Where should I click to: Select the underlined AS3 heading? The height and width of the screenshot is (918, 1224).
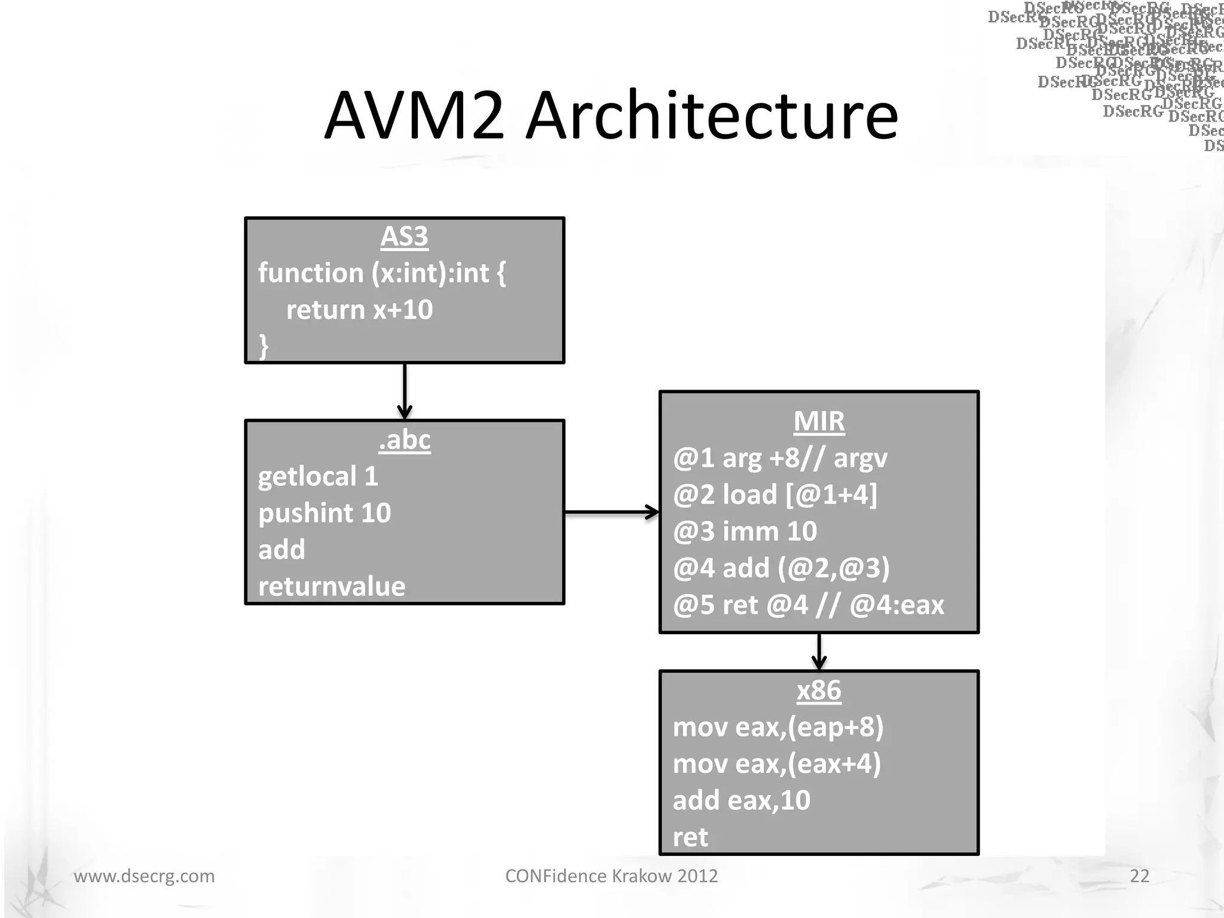tap(405, 237)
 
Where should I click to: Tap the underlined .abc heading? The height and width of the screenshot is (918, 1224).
tap(405, 440)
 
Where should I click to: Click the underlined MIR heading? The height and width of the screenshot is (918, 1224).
tap(819, 421)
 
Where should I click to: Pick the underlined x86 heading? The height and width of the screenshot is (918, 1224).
tap(819, 691)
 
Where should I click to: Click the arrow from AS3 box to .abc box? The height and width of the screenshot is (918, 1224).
tap(405, 391)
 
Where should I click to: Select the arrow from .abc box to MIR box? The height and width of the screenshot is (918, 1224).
tap(611, 512)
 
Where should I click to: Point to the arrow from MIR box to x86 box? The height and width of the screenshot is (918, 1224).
tap(819, 651)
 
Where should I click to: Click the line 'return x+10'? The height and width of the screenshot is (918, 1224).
tap(359, 310)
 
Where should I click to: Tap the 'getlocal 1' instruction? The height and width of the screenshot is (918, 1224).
tap(318, 477)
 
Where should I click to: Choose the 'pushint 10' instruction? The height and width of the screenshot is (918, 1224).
tap(325, 513)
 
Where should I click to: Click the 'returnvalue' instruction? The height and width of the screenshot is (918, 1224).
tap(332, 587)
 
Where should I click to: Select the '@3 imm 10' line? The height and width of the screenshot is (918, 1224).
tap(745, 531)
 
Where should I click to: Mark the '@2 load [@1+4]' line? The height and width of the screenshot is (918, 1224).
tap(775, 495)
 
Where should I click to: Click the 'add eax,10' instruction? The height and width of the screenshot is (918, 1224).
tap(741, 800)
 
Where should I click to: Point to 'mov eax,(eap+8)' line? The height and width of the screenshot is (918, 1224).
tap(778, 727)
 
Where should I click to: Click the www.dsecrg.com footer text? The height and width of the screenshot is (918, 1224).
tap(144, 876)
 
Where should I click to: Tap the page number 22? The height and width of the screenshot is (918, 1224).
tap(1139, 876)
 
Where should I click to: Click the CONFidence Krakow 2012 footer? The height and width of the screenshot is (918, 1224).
tap(611, 876)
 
